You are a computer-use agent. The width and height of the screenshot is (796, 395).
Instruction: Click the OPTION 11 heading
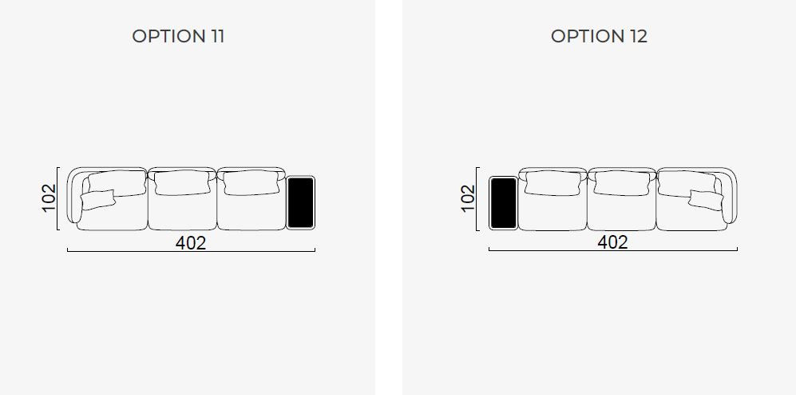(178, 36)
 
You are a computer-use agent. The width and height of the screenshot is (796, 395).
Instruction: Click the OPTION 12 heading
(599, 36)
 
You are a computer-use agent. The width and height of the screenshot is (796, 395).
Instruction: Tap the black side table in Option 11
(300, 202)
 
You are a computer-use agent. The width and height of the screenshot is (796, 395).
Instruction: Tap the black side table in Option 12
(503, 202)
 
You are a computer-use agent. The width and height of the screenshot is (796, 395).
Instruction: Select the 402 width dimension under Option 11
(191, 243)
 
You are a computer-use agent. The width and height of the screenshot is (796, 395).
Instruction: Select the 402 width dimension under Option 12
(612, 242)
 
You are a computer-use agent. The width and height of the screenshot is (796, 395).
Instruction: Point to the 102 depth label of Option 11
(49, 198)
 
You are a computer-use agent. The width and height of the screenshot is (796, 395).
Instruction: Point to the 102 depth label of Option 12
(468, 198)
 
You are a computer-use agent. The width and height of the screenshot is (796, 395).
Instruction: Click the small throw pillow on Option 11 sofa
(97, 199)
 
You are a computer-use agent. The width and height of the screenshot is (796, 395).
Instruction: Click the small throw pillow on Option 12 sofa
(706, 199)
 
